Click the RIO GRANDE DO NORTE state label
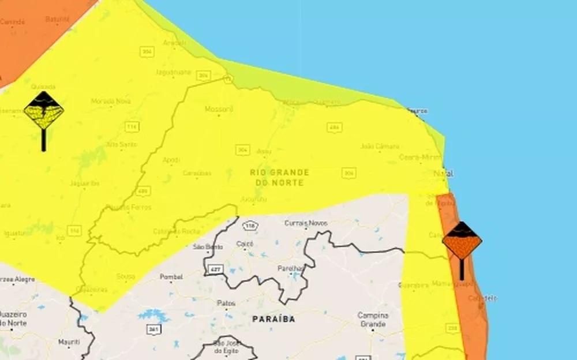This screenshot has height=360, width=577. pos(280,177)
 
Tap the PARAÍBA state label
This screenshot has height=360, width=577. pos(273,319)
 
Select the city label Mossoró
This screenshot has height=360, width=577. pos(219,109)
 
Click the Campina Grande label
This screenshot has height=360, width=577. pos(373,320)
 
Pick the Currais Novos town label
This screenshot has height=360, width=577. pos(306,223)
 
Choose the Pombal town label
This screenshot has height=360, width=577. pos(171,277)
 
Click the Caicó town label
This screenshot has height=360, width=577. pos(245,244)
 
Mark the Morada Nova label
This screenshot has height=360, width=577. pos(110,102)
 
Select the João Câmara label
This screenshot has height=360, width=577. pos(380,147)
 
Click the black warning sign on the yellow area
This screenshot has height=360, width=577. pos(44,111)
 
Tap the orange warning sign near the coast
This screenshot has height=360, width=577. pos(462,241)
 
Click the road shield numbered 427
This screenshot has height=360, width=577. pos(216,269)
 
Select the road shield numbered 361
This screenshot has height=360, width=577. pos(153,329)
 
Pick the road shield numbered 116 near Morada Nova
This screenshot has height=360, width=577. pos(132,126)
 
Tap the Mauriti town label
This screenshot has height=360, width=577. pos(69,342)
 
